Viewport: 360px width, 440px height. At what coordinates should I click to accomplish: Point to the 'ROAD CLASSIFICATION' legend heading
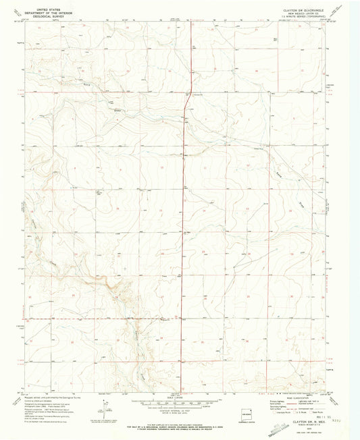(292, 397)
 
